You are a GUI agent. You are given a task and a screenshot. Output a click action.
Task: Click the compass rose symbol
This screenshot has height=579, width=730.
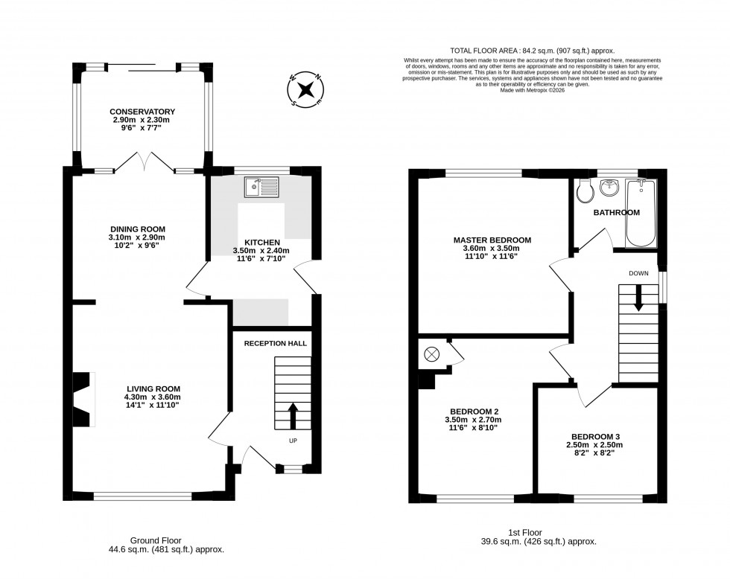305,91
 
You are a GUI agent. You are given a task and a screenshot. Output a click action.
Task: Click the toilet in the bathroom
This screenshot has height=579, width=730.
585,191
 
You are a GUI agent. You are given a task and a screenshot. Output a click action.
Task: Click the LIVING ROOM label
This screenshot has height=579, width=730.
153,388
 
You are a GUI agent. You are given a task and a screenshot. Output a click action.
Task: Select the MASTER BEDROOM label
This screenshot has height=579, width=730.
492,240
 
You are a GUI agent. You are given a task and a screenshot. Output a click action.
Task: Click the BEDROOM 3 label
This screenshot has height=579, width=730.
596,436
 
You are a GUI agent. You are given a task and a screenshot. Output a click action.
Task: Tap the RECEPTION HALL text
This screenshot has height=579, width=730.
276,343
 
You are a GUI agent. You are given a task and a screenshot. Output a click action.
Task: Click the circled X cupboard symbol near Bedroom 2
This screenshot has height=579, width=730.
431,354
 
